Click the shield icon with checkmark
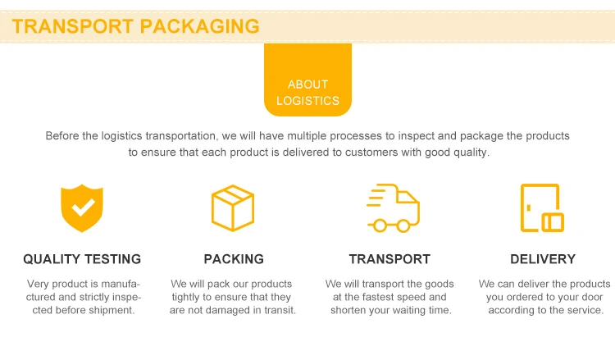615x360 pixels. coord(82,208)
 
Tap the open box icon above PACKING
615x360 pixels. coord(233,207)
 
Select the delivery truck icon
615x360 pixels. coord(392,207)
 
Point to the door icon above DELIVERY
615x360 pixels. coord(542,207)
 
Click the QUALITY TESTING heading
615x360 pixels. coord(82,259)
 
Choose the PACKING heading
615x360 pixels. coord(234,259)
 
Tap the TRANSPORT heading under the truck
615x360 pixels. coord(389,259)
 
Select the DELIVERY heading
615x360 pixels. coord(543,259)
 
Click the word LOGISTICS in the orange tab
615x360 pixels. coord(307,101)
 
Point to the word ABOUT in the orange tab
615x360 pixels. coord(307,84)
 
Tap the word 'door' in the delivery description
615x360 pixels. coord(589,297)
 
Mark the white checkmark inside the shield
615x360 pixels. coord(82,207)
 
